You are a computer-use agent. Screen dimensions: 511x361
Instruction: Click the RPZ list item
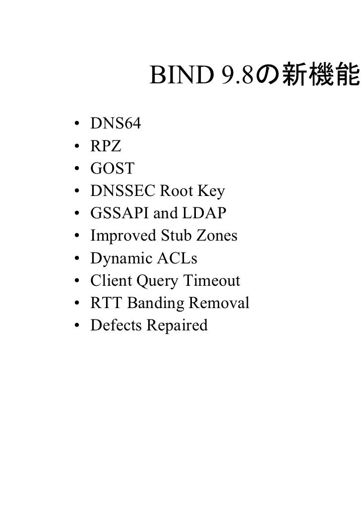click(105, 146)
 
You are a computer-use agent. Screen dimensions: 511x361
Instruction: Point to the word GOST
click(112, 169)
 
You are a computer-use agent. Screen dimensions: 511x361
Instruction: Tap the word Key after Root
click(212, 191)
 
